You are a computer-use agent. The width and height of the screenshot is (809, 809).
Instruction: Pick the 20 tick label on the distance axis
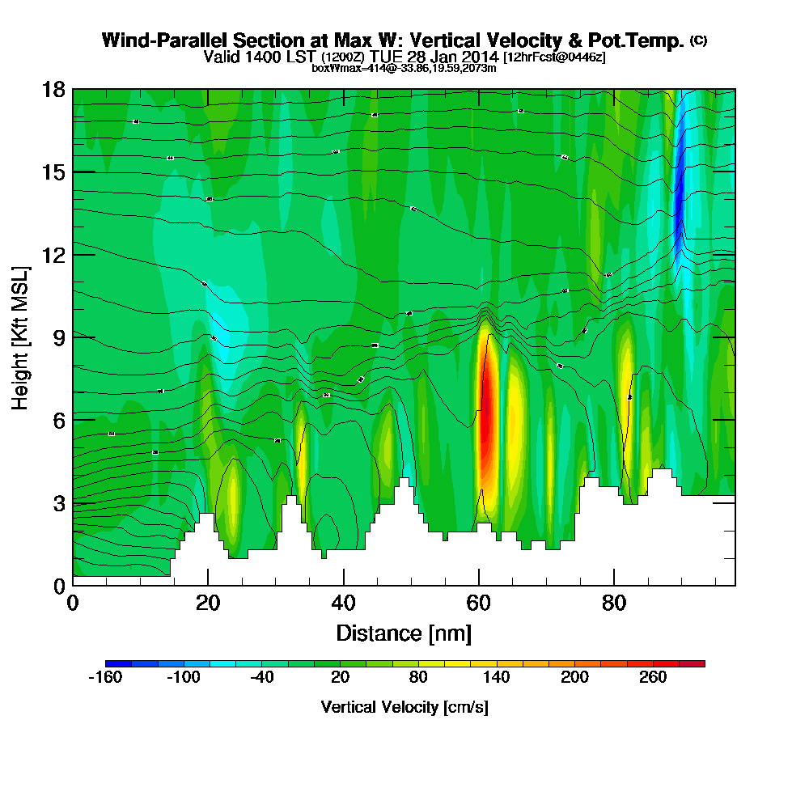208,603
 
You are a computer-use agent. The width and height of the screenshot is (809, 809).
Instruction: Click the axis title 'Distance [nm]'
404,632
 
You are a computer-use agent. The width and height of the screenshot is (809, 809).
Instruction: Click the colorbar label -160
104,677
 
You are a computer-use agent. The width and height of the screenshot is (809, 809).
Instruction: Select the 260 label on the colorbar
653,677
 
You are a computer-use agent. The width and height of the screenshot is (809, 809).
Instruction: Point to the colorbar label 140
497,677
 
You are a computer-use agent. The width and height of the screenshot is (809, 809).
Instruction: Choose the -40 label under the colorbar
261,677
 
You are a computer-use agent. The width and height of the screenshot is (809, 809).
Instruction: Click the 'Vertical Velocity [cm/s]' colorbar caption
404,707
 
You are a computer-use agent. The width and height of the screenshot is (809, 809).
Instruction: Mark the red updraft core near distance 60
486,429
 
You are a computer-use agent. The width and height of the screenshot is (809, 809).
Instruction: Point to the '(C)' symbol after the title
698,40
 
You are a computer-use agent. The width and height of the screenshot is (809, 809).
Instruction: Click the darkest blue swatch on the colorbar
112,663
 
